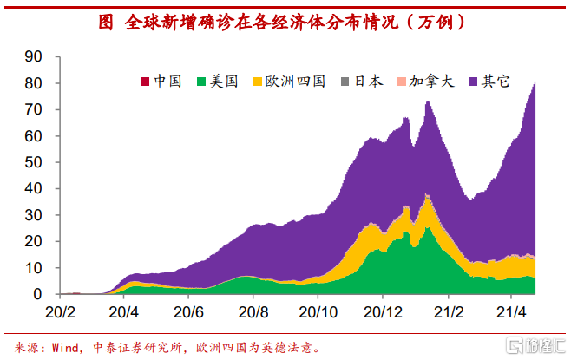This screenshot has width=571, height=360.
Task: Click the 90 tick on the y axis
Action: click(34, 56)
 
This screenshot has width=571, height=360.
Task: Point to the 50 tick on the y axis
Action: click(34, 162)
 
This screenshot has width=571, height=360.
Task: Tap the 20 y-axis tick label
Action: click(34, 242)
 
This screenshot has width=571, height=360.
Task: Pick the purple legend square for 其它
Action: click(474, 82)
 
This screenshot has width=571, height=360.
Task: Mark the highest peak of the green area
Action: click(427, 227)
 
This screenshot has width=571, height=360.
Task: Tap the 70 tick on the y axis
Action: click(34, 109)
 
